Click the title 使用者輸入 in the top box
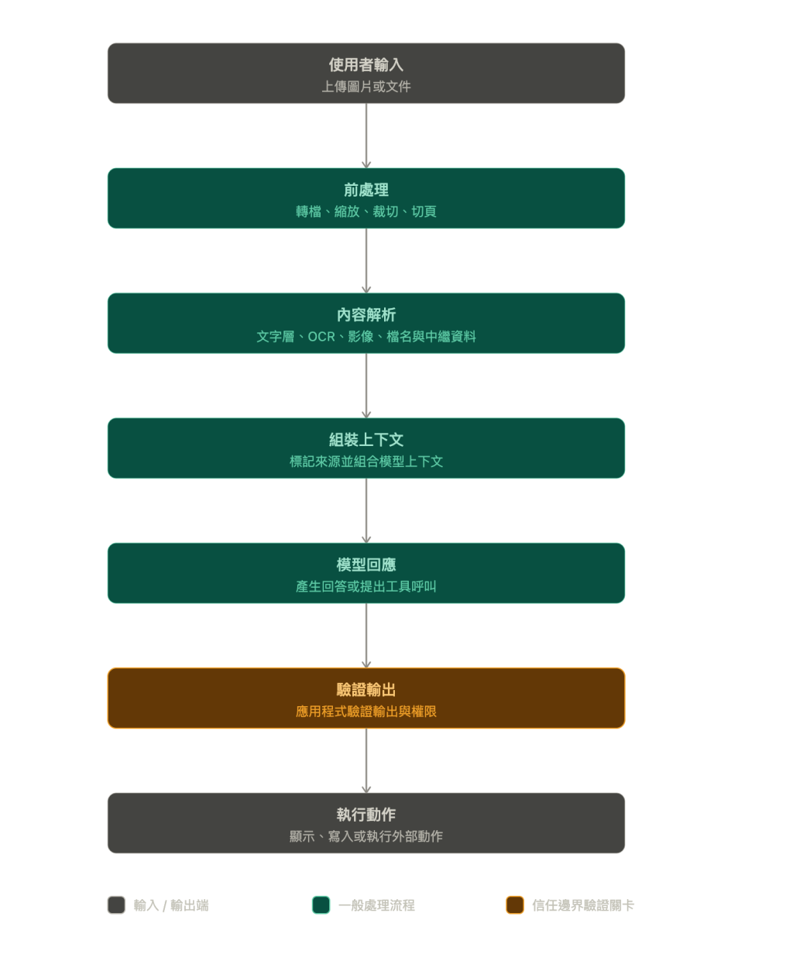(366, 65)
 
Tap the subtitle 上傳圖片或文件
(366, 87)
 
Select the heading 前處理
(366, 190)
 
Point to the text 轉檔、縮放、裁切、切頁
(366, 211)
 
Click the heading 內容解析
(366, 315)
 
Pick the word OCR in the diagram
(321, 337)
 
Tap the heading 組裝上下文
(366, 440)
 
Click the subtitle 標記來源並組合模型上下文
(366, 462)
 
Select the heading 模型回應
(366, 565)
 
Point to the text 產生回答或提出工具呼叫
(366, 587)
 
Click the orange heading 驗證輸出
(366, 690)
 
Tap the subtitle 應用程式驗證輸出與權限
(366, 712)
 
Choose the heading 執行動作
(366, 815)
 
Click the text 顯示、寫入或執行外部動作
(366, 837)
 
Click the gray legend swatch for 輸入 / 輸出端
(116, 904)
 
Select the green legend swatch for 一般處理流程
(321, 904)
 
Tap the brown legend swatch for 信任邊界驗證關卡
(515, 904)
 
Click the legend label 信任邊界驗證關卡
(583, 905)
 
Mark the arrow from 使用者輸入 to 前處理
(366, 136)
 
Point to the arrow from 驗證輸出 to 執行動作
(366, 760)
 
